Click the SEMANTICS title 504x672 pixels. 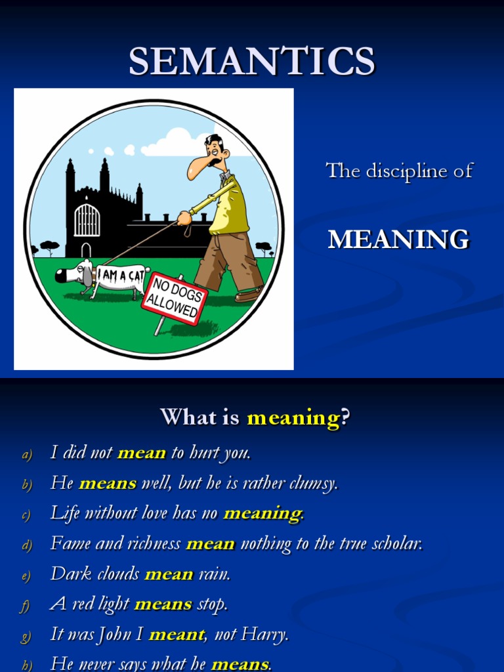click(x=251, y=61)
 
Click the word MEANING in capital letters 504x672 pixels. click(x=398, y=240)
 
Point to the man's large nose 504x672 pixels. click(x=196, y=170)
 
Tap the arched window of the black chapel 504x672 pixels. click(x=87, y=220)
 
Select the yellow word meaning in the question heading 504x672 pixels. click(x=293, y=417)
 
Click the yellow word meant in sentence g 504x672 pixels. click(x=176, y=635)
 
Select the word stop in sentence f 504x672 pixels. click(x=212, y=604)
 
